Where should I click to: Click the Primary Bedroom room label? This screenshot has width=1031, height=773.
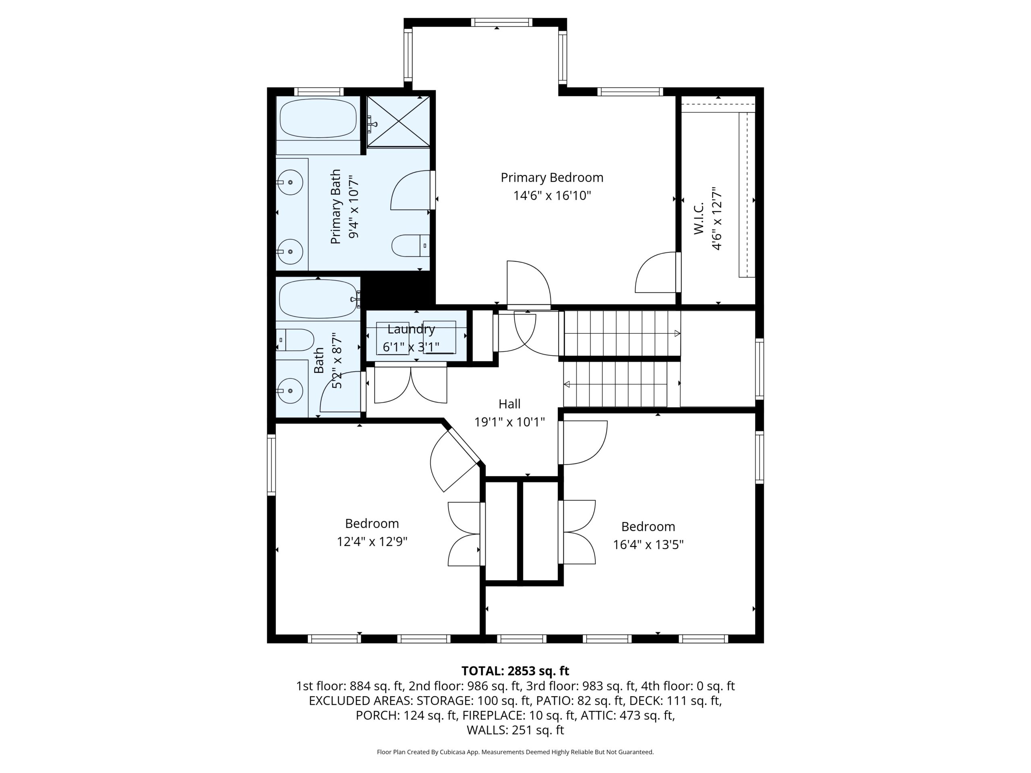(x=552, y=178)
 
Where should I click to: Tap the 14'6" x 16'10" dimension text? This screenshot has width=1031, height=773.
(x=552, y=195)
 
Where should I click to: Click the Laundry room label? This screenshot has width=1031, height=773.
(x=411, y=329)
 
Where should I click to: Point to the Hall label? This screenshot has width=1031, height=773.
(x=509, y=404)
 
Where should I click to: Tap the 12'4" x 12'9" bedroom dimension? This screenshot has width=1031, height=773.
(x=372, y=542)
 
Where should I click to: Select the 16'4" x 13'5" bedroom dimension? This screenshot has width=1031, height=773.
(x=648, y=545)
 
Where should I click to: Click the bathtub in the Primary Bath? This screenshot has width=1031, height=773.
(x=318, y=118)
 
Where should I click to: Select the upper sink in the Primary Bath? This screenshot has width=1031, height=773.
(x=290, y=182)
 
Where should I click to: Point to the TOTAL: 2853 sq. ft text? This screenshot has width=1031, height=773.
(x=515, y=671)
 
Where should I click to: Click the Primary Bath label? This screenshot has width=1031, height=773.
(x=335, y=207)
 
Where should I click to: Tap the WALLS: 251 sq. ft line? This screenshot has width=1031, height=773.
(x=515, y=730)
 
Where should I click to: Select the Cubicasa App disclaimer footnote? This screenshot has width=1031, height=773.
(x=515, y=752)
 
